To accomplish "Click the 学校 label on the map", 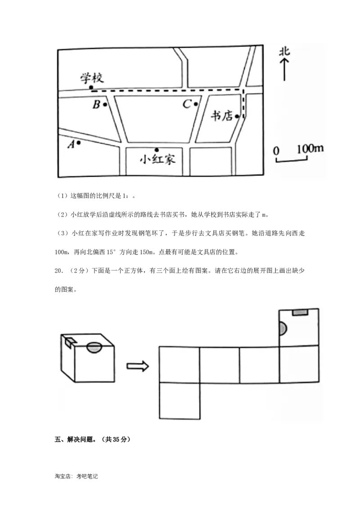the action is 92,78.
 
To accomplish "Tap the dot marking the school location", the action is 91,87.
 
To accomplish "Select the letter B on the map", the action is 96,105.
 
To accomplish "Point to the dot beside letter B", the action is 105,105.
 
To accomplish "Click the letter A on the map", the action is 70,144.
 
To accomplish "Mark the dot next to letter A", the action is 79,143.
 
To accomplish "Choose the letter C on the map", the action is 187,105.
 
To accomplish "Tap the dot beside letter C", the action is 196,104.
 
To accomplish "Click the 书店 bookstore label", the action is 222,116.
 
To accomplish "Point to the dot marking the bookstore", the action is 237,116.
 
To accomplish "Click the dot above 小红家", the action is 157,150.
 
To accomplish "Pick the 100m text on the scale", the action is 310,149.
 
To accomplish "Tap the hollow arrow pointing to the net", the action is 137,366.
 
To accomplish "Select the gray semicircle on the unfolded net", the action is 283,329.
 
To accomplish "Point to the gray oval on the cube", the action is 94,347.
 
